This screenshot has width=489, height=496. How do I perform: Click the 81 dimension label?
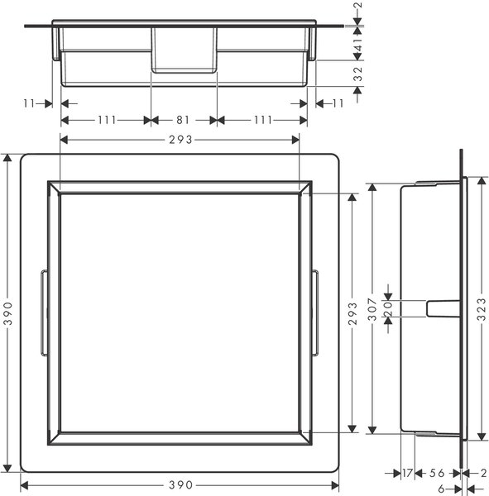click(x=183, y=120)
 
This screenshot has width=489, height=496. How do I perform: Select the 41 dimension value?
click(x=358, y=45)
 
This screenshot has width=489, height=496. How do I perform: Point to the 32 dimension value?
click(x=358, y=74)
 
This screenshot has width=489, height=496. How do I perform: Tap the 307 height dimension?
click(x=373, y=309)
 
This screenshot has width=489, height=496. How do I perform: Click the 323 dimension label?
click(x=482, y=309)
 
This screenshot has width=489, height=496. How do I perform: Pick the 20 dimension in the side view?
click(x=388, y=308)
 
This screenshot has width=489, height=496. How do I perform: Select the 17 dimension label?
click(x=408, y=473)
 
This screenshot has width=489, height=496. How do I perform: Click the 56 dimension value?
click(x=437, y=473)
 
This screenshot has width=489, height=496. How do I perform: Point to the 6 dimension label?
click(x=442, y=489)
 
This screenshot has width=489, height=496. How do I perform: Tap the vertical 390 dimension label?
click(x=8, y=313)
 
